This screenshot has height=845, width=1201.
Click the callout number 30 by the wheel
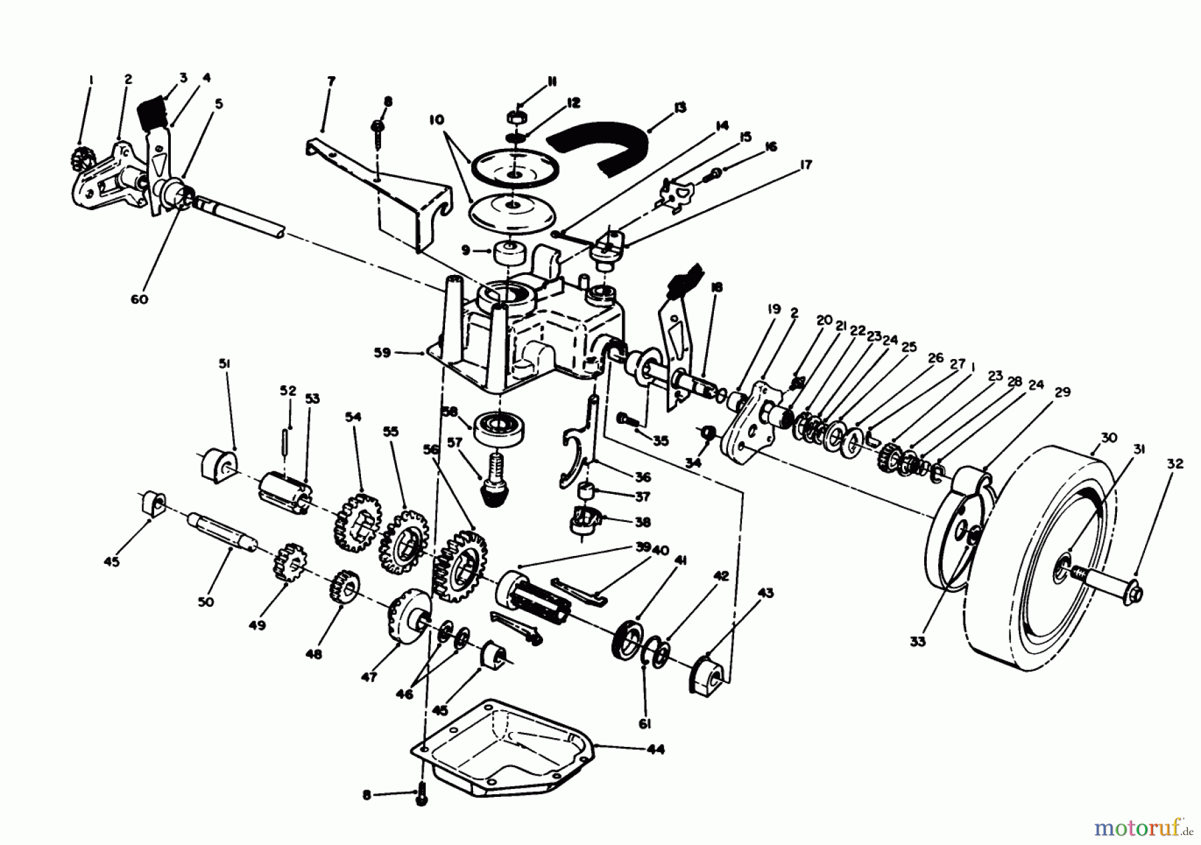point(1108,438)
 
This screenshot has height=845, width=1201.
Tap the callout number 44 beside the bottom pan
point(656,749)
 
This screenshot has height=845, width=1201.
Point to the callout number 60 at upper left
point(139,299)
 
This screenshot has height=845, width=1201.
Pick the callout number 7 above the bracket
point(332,81)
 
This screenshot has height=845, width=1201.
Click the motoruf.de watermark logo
point(1144,829)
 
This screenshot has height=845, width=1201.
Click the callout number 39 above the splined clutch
point(643,547)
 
